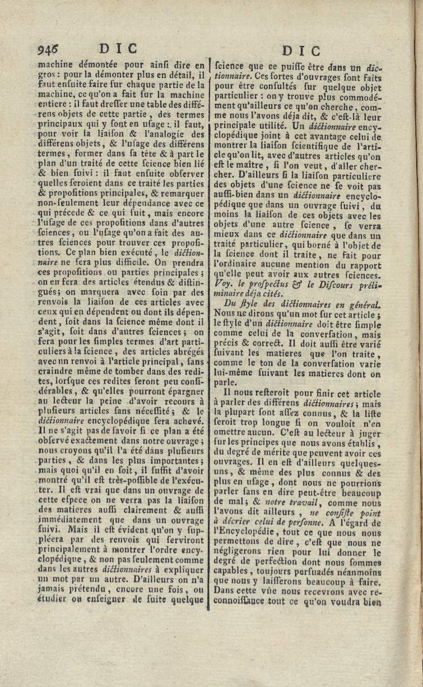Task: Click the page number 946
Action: click(x=49, y=49)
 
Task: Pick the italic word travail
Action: click(x=304, y=503)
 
